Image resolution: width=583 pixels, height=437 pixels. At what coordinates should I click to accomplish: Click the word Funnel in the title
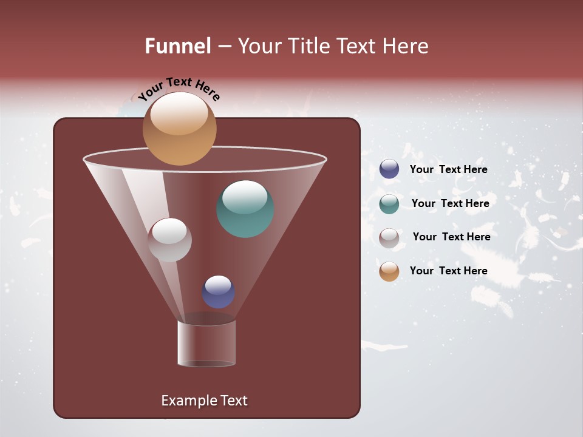177,46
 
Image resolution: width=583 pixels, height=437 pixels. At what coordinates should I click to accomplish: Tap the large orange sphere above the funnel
179,128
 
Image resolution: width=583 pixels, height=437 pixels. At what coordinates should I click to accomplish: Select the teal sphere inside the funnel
245,209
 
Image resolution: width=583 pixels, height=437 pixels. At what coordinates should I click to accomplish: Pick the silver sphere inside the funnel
169,240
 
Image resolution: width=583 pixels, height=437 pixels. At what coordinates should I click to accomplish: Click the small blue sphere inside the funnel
218,292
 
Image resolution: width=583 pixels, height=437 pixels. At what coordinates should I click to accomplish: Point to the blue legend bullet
389,169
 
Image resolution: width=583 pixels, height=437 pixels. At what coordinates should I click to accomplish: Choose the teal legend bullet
389,203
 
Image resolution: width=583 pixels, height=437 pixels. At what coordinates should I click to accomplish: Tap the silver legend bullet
389,237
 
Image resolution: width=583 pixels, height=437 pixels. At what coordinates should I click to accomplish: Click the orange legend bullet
389,271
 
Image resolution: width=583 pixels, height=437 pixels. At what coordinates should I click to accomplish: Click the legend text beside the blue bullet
448,169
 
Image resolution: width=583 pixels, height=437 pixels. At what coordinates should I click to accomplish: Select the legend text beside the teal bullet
450,203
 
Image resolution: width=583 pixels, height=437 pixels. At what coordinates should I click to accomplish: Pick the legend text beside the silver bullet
451,237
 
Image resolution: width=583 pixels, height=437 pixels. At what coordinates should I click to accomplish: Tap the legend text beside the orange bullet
448,271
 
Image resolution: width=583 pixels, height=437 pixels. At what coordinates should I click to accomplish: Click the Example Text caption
204,401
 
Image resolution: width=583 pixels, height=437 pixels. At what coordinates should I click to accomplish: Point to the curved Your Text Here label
179,88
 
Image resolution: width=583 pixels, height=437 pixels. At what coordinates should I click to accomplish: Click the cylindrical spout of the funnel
206,343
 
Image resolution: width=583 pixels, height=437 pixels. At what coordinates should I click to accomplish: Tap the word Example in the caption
185,401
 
